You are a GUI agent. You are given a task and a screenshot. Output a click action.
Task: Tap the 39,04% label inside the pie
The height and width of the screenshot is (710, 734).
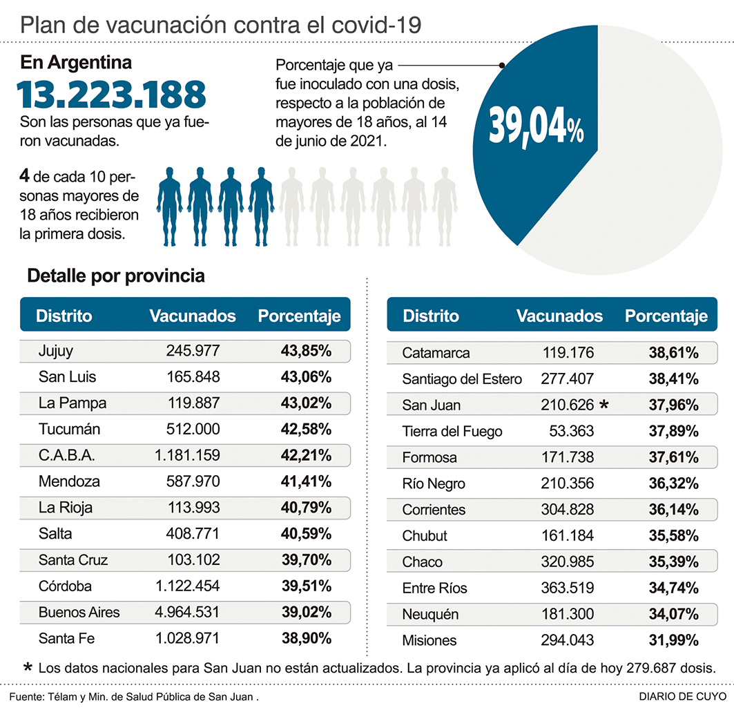point(536,126)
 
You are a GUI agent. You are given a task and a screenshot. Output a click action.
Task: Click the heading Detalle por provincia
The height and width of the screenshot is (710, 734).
point(116,276)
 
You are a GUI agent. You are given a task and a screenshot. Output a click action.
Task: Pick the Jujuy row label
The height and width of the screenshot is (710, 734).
point(56,351)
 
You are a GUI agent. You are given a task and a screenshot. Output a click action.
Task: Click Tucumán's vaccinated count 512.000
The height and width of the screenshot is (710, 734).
point(193,430)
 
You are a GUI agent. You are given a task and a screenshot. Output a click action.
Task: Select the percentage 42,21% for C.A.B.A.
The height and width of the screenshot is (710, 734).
point(306,456)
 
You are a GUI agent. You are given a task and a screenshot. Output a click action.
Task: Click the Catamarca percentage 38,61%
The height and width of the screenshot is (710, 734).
point(673,353)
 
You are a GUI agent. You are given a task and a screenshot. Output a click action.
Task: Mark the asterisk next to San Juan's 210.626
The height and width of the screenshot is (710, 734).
point(605,405)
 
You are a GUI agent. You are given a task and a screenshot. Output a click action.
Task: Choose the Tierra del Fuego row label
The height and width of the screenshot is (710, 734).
point(452,432)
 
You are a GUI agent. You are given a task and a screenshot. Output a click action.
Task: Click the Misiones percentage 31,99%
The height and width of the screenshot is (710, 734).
point(673,640)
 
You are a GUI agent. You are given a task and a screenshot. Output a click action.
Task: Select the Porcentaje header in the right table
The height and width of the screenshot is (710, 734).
point(666,316)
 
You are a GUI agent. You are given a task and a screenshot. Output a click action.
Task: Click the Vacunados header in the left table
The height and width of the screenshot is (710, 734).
point(193,316)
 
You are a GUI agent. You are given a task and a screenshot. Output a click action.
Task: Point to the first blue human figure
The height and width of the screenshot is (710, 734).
point(169,206)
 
